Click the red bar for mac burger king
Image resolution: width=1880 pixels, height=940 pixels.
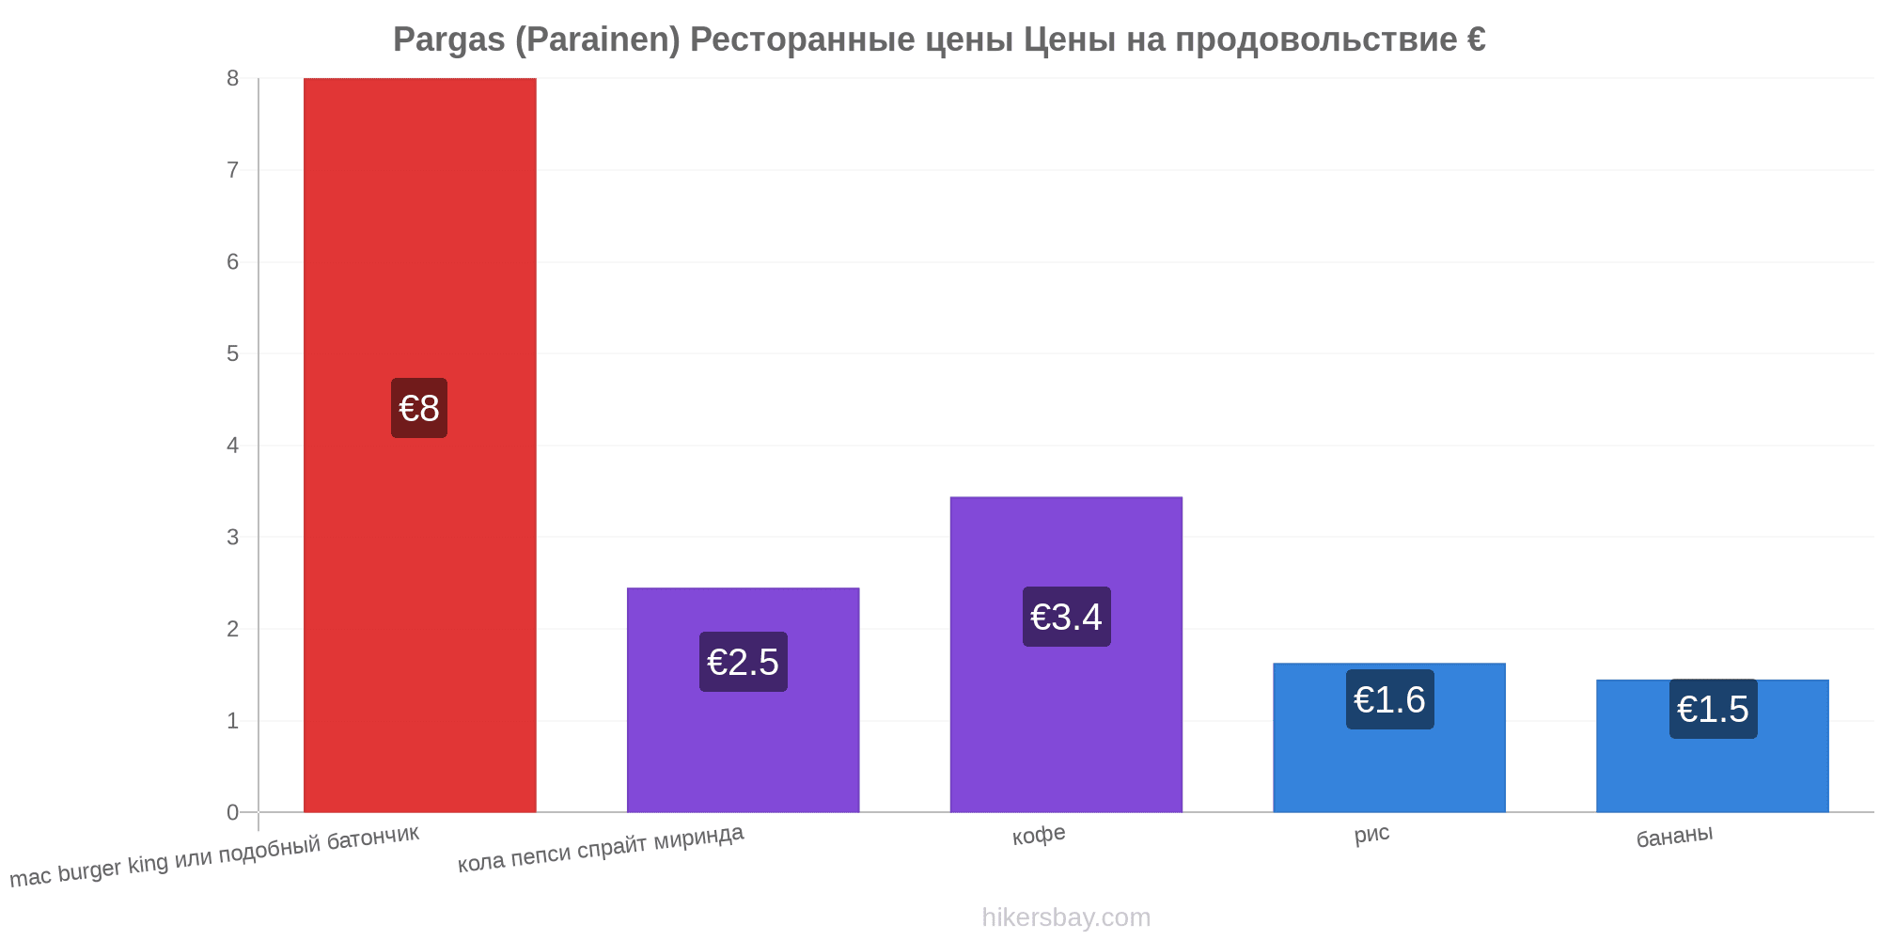[419, 445]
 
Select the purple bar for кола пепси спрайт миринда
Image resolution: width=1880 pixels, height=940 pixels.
[743, 700]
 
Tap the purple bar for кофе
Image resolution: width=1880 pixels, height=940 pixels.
[1066, 654]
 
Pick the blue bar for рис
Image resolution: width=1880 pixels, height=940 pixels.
[1389, 738]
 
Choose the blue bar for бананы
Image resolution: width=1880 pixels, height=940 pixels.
[1713, 745]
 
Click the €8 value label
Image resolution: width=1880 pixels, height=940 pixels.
[419, 408]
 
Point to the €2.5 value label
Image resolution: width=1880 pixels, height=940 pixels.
[743, 662]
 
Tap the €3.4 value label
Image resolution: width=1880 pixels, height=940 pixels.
[1066, 617]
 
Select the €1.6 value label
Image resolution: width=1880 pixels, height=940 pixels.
[1389, 699]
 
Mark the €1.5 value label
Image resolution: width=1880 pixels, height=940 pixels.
[1713, 709]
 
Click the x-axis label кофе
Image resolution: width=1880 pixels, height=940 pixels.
[1039, 835]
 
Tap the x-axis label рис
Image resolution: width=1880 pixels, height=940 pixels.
[1371, 834]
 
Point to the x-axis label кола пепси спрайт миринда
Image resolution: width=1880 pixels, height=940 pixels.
[601, 848]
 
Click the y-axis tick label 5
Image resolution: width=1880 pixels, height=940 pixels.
[232, 353]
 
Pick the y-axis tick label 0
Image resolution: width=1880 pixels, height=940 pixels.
[232, 812]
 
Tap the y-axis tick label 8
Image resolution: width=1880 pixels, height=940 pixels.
[232, 79]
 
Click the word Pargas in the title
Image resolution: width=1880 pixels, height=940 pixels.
[448, 40]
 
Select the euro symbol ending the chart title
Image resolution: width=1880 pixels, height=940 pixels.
[1476, 39]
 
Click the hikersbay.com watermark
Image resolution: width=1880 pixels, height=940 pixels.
[1066, 916]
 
